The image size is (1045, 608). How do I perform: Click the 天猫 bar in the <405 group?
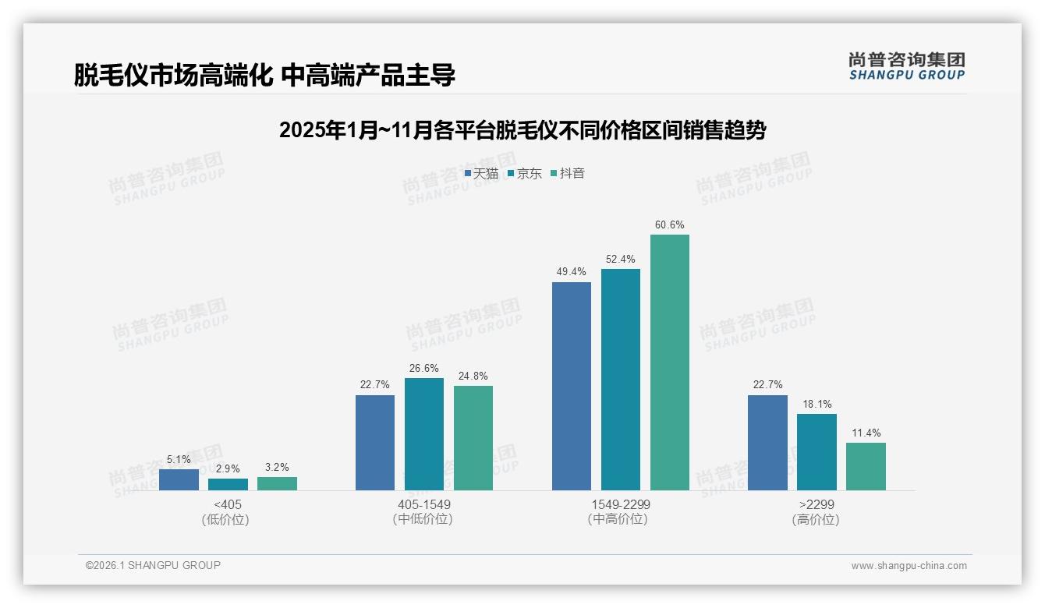179,479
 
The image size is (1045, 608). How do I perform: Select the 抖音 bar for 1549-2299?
670,362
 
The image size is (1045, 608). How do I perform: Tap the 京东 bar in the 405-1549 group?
424,434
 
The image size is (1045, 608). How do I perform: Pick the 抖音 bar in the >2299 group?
866,466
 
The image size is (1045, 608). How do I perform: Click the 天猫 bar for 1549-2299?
572,386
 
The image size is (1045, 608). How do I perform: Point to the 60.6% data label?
670,225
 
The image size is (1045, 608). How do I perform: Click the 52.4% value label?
621,260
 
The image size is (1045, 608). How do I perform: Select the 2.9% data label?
228,469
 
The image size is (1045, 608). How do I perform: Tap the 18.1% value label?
817,405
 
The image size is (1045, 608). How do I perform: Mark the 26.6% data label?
424,369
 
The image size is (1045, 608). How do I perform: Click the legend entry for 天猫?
481,174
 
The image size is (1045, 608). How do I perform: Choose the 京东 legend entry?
524,174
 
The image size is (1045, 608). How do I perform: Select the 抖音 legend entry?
568,174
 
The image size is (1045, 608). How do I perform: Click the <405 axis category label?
228,504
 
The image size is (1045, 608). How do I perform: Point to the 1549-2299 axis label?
620,504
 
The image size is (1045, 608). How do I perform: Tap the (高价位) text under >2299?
816,519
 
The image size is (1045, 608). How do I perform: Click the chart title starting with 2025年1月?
522,130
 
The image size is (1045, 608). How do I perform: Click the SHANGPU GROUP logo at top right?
907,66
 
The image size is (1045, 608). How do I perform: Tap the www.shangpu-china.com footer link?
909,566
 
